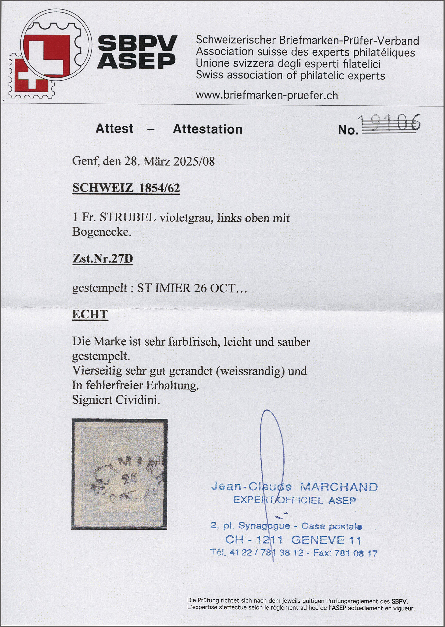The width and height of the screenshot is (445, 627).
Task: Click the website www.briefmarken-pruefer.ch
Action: [266, 95]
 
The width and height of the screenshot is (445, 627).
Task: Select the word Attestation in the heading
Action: [208, 129]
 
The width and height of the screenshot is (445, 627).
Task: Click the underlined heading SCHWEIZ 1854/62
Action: [126, 188]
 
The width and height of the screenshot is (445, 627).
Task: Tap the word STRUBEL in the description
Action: [128, 218]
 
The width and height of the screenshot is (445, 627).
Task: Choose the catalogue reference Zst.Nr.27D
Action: [102, 258]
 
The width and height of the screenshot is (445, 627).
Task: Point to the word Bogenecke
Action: [102, 232]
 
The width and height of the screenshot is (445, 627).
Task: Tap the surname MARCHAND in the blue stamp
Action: [339, 487]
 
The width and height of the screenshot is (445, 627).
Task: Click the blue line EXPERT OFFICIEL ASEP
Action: [294, 500]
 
